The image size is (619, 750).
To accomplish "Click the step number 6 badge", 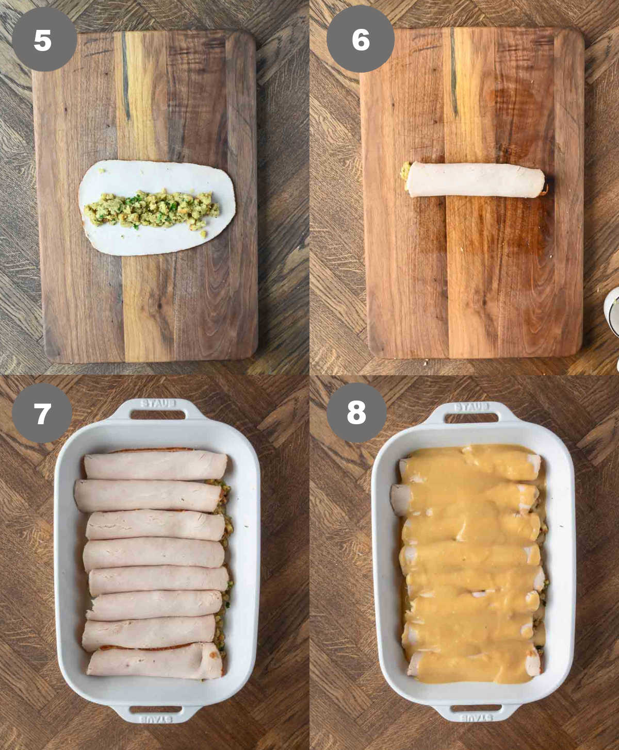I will click(361, 39).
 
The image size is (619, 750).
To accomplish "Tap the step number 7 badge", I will click(42, 413).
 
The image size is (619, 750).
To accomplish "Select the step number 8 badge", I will click(356, 412).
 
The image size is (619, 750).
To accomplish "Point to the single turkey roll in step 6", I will click(475, 180).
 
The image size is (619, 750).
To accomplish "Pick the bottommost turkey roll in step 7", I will click(155, 661).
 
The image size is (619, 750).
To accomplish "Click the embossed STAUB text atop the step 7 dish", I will click(158, 403).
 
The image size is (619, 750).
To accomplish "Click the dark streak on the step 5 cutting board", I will click(125, 77).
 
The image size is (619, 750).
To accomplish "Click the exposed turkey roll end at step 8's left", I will click(399, 498).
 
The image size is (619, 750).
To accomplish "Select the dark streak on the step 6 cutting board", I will click(453, 72).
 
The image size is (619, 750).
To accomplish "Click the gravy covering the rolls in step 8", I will click(469, 567).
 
